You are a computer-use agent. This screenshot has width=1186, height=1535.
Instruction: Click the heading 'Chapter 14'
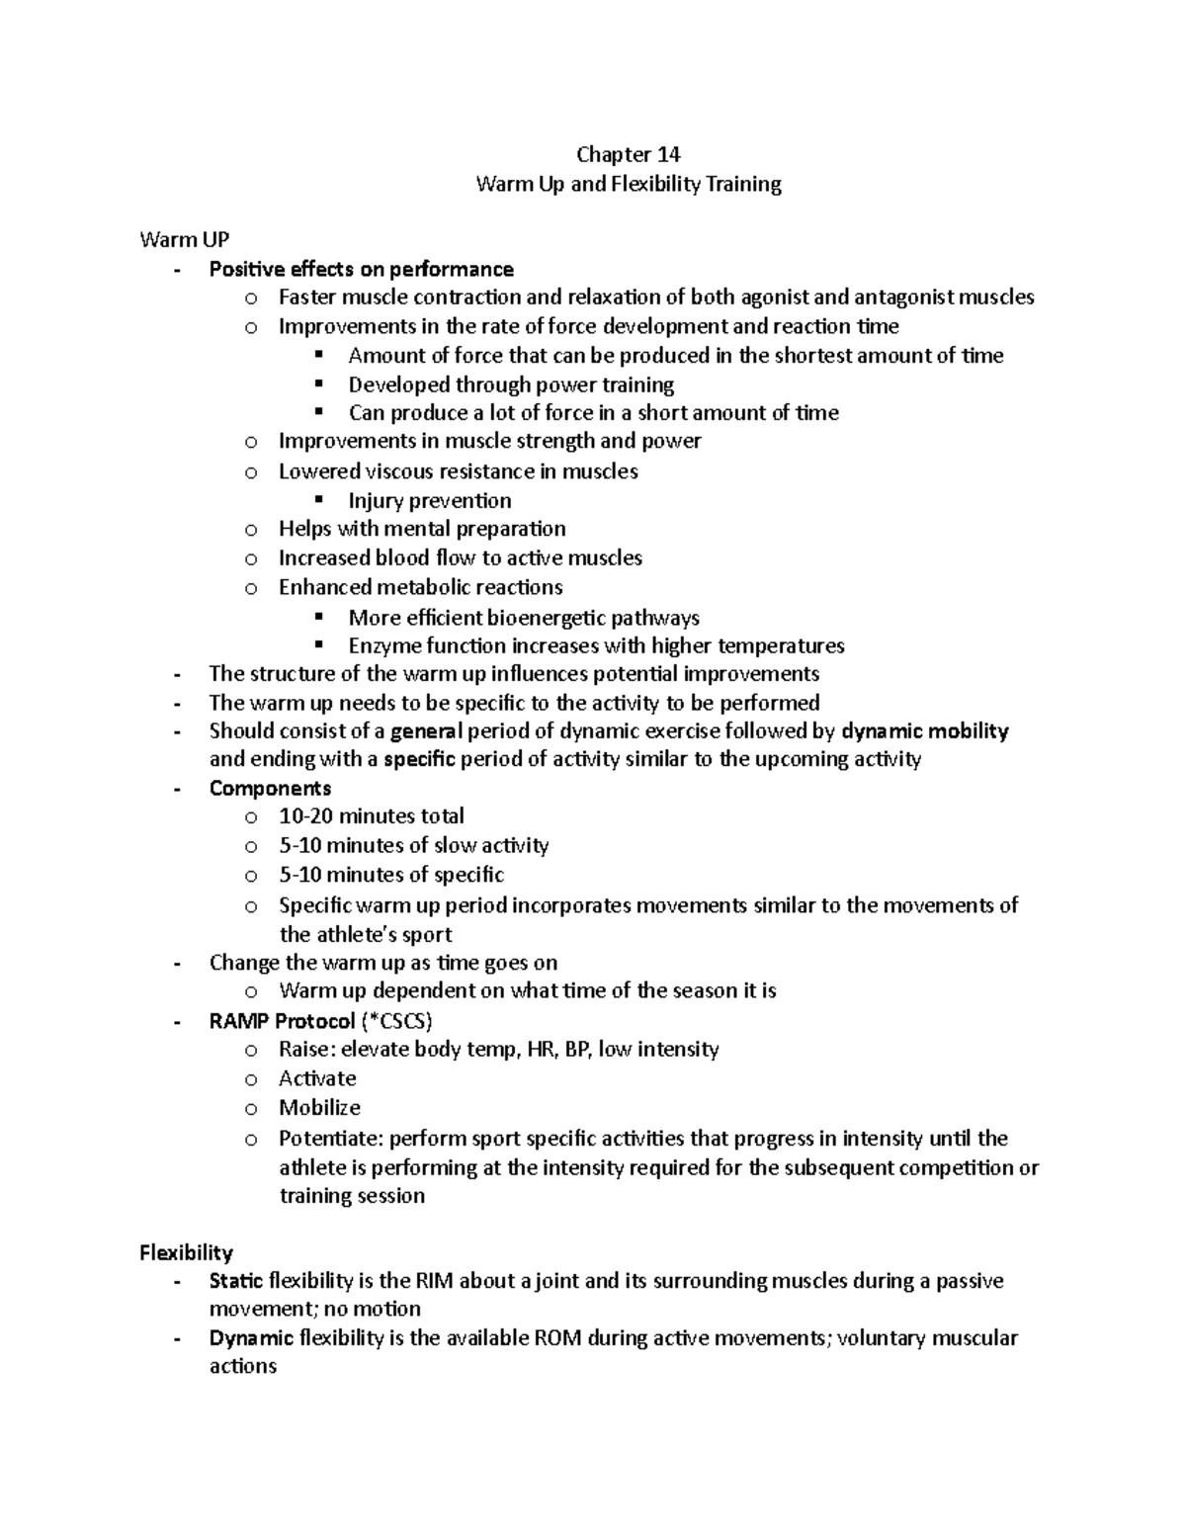click(629, 154)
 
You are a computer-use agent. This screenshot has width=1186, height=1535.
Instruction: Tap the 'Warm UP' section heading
click(185, 239)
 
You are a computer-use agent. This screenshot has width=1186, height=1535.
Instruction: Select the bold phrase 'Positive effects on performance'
click(361, 269)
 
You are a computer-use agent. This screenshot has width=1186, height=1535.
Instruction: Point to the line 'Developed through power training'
click(511, 384)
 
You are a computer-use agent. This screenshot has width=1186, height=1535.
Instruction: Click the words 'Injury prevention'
click(430, 500)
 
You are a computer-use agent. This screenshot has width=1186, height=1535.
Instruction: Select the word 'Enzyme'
click(385, 645)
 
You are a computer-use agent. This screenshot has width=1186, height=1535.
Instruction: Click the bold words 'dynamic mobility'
click(924, 731)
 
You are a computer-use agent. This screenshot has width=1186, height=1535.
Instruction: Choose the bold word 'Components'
click(270, 788)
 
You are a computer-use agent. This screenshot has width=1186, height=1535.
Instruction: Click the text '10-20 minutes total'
click(372, 816)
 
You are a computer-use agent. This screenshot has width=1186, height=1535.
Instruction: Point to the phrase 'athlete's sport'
click(366, 934)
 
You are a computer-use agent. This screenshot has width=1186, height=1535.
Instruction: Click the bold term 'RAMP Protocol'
click(282, 1020)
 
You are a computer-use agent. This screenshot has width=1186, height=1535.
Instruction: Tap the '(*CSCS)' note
click(396, 1020)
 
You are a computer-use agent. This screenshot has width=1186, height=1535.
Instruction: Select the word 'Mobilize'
click(319, 1107)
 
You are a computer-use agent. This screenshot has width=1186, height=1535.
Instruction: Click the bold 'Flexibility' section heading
click(186, 1252)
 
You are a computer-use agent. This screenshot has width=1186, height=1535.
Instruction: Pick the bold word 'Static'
click(235, 1281)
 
